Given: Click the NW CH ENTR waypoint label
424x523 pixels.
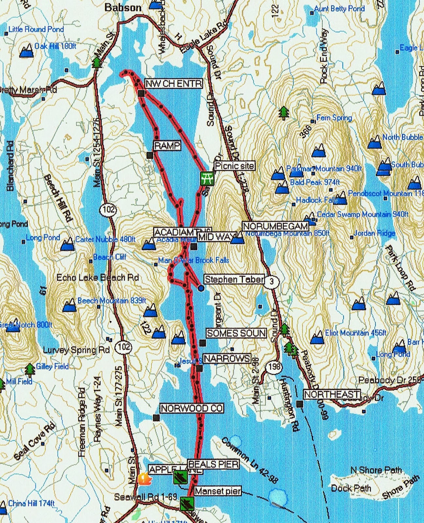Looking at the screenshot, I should point(173,84).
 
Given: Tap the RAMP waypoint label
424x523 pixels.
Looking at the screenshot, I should point(167,145).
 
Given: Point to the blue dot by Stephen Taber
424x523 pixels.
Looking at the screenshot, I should point(201,288).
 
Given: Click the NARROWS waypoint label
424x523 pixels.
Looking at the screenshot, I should point(227,359).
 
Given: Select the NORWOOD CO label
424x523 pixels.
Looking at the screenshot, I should point(191,408).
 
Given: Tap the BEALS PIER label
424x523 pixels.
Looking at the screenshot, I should point(213,464).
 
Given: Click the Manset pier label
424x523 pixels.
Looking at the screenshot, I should point(218,491).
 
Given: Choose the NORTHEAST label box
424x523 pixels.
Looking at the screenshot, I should point(332,395).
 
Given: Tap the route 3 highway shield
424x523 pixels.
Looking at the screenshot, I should point(271,282).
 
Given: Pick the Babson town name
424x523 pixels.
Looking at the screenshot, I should point(123,8).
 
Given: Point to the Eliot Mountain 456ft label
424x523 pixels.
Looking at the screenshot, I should point(355,333).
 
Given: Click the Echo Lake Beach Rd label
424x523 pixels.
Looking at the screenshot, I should point(98,278).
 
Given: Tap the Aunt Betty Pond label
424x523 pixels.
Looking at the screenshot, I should point(339,8).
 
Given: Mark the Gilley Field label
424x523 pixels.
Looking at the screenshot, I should point(52,366).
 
